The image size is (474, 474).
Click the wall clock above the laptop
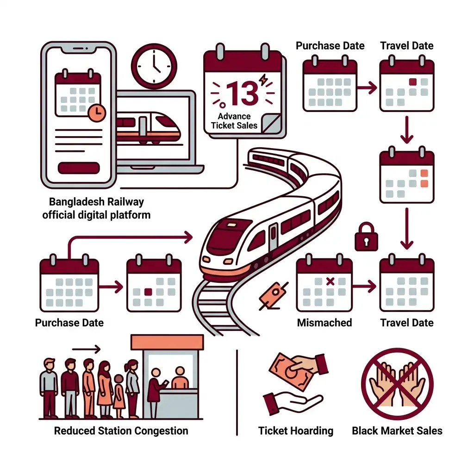(154, 66)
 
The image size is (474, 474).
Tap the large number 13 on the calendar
(242, 93)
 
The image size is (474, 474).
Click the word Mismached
(324, 323)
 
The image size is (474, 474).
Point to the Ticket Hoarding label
(296, 430)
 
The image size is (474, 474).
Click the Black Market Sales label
(397, 430)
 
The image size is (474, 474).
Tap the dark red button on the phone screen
(79, 168)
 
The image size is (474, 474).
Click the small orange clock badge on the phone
(97, 113)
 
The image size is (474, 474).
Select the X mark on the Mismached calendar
(330, 281)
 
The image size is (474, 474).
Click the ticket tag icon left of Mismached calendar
(274, 295)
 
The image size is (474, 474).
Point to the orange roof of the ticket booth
(167, 342)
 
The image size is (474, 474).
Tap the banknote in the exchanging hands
(291, 371)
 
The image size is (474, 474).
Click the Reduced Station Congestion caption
(121, 430)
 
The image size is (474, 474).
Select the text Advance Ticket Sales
(234, 121)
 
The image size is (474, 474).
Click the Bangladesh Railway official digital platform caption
(96, 208)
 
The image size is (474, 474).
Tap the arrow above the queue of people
(86, 349)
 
